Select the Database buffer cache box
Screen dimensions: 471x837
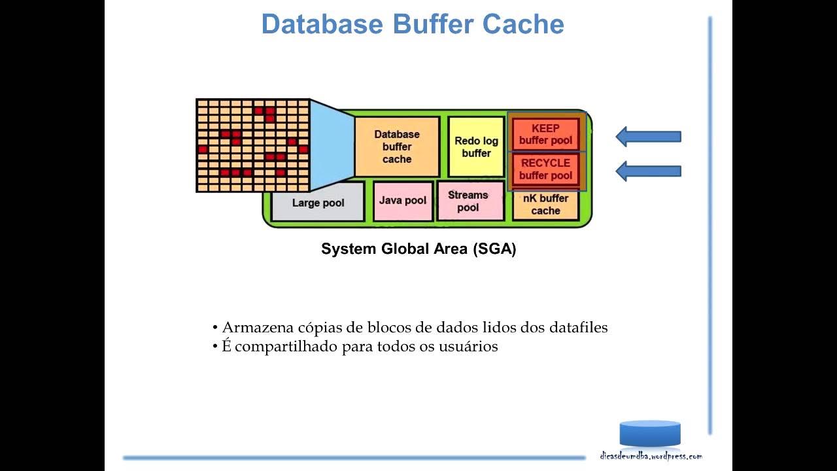[x=397, y=147]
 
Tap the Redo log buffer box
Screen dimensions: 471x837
[x=476, y=147]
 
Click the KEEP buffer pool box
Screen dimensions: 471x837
[x=545, y=134]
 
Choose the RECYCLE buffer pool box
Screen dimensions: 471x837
[x=545, y=169]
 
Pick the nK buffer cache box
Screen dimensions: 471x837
[x=545, y=205]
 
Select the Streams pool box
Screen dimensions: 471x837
[x=468, y=201]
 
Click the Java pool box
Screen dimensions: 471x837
[x=403, y=201]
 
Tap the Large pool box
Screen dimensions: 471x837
[x=318, y=203]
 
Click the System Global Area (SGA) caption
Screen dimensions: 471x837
[x=418, y=249]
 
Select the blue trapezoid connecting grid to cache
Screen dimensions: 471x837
[x=331, y=146]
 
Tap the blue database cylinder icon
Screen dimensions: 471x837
[x=650, y=434]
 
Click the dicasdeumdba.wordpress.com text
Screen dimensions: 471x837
[x=651, y=456]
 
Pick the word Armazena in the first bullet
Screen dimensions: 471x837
[x=251, y=327]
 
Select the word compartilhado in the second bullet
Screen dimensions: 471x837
[x=286, y=347]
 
